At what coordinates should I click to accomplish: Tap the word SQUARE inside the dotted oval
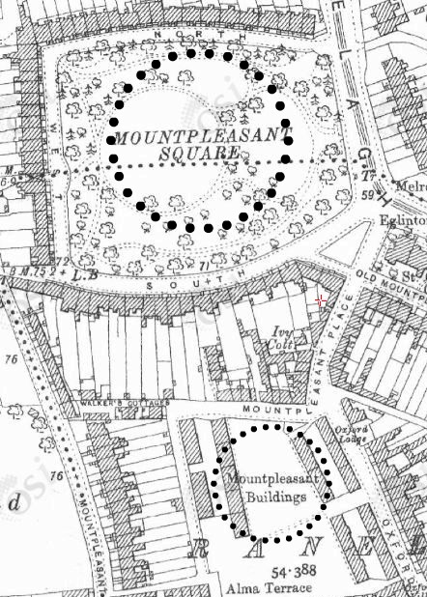pos(202,154)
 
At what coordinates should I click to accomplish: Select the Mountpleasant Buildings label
pos(267,488)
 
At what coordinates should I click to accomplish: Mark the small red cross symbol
pos(321,301)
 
